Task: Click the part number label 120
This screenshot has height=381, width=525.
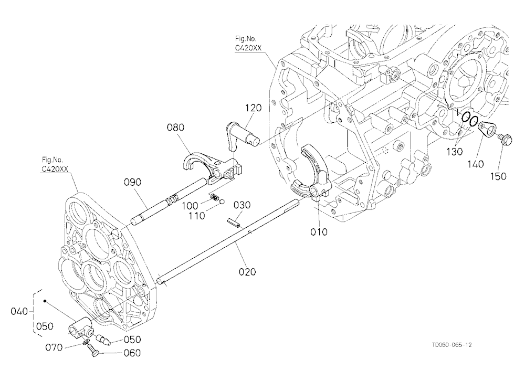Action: tap(253, 108)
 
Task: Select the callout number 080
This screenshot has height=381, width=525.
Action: tap(176, 127)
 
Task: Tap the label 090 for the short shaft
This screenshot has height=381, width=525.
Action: tap(133, 182)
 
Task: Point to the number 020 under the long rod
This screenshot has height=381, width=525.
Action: tap(247, 271)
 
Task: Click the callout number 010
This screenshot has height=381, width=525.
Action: tap(319, 231)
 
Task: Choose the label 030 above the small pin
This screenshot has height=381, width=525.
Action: tap(241, 205)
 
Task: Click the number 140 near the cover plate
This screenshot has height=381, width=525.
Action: tap(476, 164)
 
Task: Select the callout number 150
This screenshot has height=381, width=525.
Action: tap(498, 176)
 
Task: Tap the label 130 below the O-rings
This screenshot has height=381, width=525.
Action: tap(454, 152)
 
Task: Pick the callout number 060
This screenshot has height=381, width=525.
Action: tap(132, 353)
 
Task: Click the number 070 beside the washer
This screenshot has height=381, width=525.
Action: tap(54, 347)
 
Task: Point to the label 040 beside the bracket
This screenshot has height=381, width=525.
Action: tap(19, 311)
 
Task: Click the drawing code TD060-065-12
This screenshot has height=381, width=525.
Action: tap(451, 344)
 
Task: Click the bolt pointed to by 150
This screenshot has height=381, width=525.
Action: tap(503, 138)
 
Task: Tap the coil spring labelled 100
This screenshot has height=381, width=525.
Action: tap(213, 197)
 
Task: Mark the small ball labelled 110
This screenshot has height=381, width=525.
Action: tap(222, 201)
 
